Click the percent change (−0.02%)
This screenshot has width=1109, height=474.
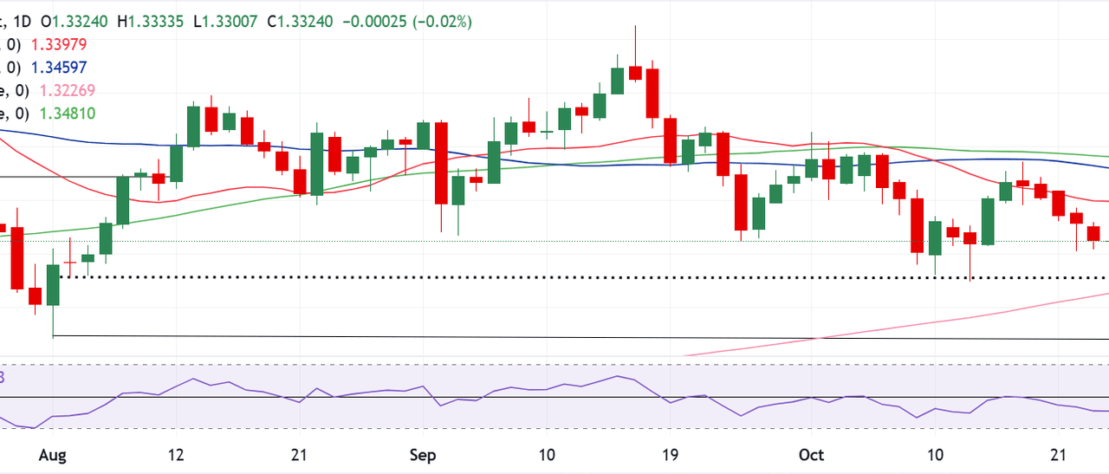pos(442,22)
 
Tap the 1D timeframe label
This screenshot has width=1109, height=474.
pos(31,22)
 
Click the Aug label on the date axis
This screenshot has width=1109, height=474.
pos(53,455)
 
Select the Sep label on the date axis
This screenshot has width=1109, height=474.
pos(424,455)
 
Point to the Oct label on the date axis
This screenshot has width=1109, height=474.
pos(811,455)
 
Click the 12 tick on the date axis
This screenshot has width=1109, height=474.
pos(177,455)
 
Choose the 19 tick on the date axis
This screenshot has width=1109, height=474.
pos(670,455)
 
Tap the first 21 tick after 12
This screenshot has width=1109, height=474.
pos(300,455)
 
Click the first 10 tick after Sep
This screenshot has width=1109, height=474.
pos(547,455)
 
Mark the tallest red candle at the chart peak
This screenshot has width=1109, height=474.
pos(652,91)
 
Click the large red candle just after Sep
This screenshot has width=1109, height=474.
pos(441,163)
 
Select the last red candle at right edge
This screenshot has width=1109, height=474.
pos(1093,233)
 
